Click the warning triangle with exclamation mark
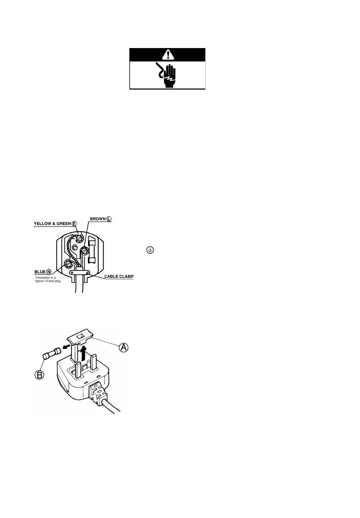(x=167, y=54)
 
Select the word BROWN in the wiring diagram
(x=97, y=219)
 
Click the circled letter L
(x=109, y=219)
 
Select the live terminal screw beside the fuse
(x=85, y=251)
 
